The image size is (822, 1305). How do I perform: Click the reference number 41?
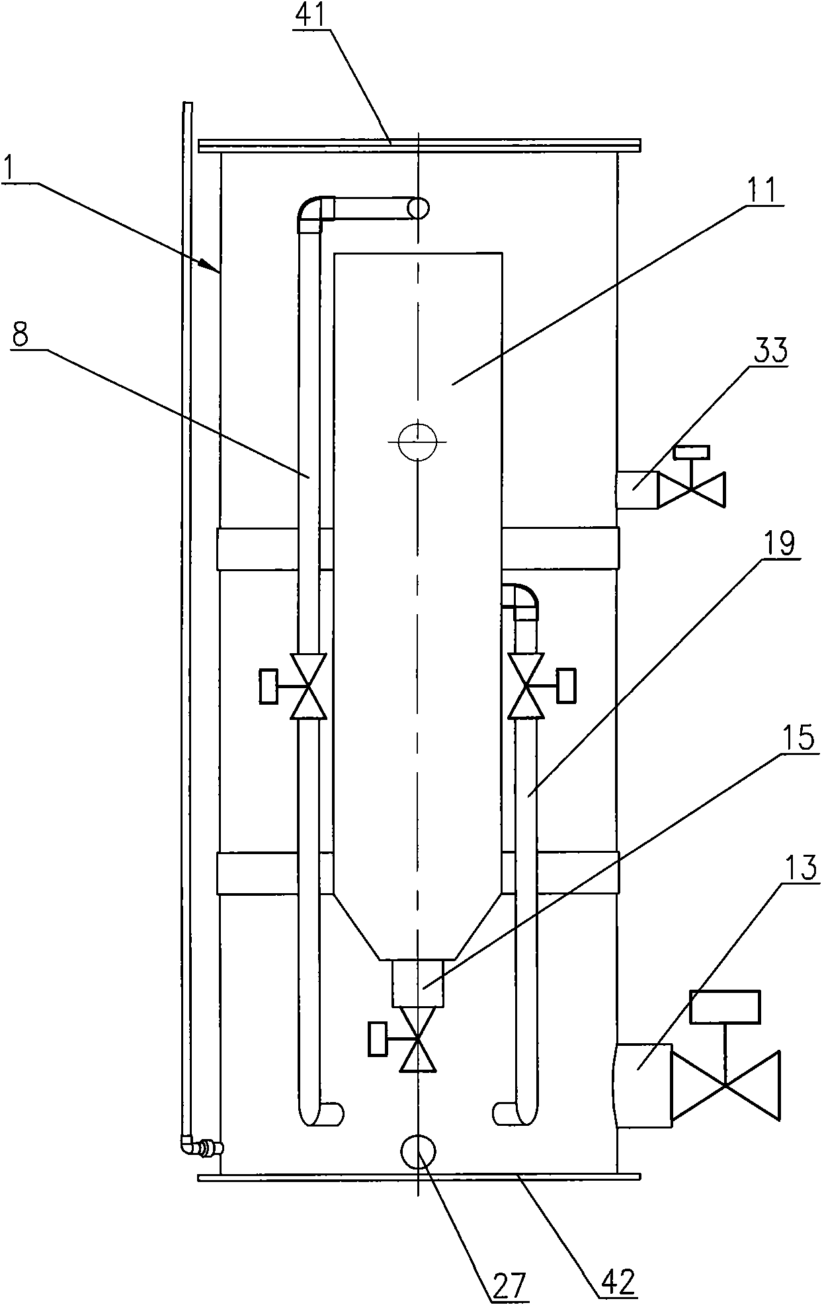coord(311,15)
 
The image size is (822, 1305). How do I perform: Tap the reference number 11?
coord(761,191)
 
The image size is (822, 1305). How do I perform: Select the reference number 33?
coord(770,350)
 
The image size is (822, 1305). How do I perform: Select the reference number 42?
coord(618,1283)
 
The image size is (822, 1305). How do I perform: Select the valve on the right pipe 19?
coord(540,686)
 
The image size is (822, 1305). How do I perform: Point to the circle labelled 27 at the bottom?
coord(418,1152)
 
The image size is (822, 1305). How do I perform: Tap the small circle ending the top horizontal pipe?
coord(418,209)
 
